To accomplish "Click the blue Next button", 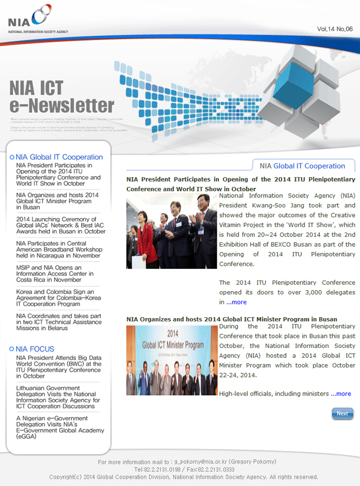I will tap(343, 413).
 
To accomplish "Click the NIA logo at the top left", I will tap(30, 20).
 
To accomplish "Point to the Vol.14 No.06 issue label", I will tap(335, 29).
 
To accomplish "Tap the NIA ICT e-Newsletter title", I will tap(61, 96).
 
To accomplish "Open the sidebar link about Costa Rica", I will tap(55, 274).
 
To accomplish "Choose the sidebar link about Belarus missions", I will tap(58, 322).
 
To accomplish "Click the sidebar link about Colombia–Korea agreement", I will tap(55, 298).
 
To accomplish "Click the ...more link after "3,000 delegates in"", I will tap(236, 302).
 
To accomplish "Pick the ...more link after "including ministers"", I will tap(341, 394).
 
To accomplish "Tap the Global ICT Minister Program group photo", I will tap(172, 360).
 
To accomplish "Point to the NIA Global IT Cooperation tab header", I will tap(302, 166).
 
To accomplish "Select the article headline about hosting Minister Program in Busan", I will tap(231, 319).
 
